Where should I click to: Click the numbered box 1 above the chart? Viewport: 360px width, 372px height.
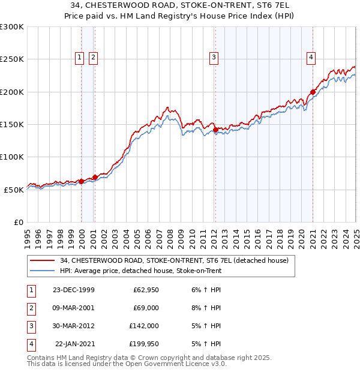[x=80, y=58]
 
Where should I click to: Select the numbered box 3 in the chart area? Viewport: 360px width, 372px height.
[x=214, y=58]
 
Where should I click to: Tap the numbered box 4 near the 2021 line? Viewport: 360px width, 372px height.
[x=311, y=58]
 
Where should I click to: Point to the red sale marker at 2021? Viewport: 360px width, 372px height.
[x=313, y=92]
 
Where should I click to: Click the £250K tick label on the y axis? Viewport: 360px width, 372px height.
[x=12, y=59]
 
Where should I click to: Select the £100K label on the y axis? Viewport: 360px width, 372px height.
[x=12, y=157]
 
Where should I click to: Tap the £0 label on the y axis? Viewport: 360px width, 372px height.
[x=18, y=222]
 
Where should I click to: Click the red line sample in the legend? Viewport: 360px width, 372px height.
[x=42, y=260]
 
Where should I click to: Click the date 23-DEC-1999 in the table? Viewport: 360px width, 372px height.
[x=73, y=290]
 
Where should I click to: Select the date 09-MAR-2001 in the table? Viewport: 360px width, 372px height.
[x=73, y=308]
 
